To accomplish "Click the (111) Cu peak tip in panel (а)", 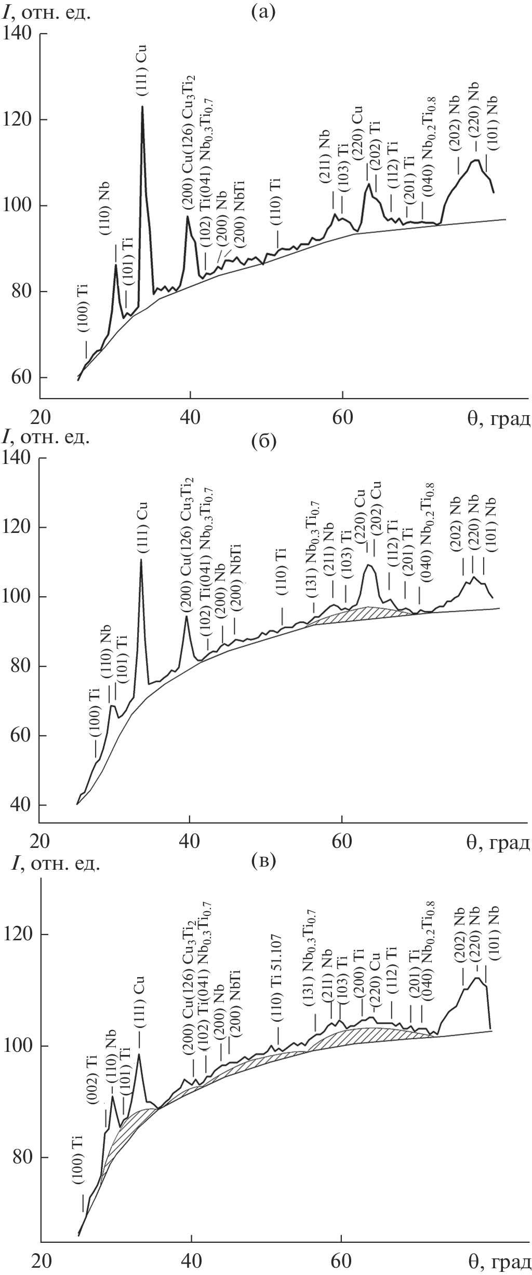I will tap(142, 107).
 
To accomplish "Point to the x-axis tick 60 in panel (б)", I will tap(342, 839).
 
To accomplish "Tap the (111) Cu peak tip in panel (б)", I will tap(141, 559).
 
